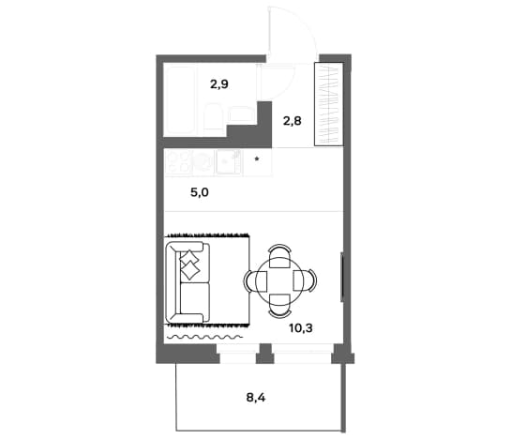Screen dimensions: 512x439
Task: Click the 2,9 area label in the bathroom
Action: pyautogui.click(x=219, y=84)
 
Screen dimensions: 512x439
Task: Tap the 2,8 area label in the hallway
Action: pyautogui.click(x=292, y=121)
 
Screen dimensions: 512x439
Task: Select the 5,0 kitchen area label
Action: pyautogui.click(x=200, y=192)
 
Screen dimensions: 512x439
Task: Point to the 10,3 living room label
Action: pyautogui.click(x=301, y=327)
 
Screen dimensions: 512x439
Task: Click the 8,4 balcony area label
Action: pyautogui.click(x=256, y=398)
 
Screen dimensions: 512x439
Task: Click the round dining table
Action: pyautogui.click(x=279, y=280)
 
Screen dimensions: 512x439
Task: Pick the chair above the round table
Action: pyautogui.click(x=279, y=256)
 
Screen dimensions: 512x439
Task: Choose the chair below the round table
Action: pyautogui.click(x=279, y=306)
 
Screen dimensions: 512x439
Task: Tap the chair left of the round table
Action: pyautogui.click(x=255, y=280)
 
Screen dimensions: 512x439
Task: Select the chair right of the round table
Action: pyautogui.click(x=305, y=280)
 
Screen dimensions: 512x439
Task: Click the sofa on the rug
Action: pyautogui.click(x=188, y=282)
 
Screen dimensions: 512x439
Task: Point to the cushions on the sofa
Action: pyautogui.click(x=189, y=265)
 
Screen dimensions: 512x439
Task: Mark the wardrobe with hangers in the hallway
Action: pyautogui.click(x=329, y=104)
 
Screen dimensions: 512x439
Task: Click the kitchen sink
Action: pyautogui.click(x=228, y=161)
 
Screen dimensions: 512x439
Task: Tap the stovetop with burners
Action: pyautogui.click(x=178, y=161)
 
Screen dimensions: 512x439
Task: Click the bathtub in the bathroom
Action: pyautogui.click(x=180, y=100)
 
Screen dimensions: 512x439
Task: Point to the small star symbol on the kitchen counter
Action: pyautogui.click(x=257, y=159)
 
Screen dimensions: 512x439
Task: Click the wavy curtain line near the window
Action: pyautogui.click(x=204, y=337)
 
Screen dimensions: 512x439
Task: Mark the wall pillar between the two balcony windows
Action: pyautogui.click(x=264, y=354)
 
